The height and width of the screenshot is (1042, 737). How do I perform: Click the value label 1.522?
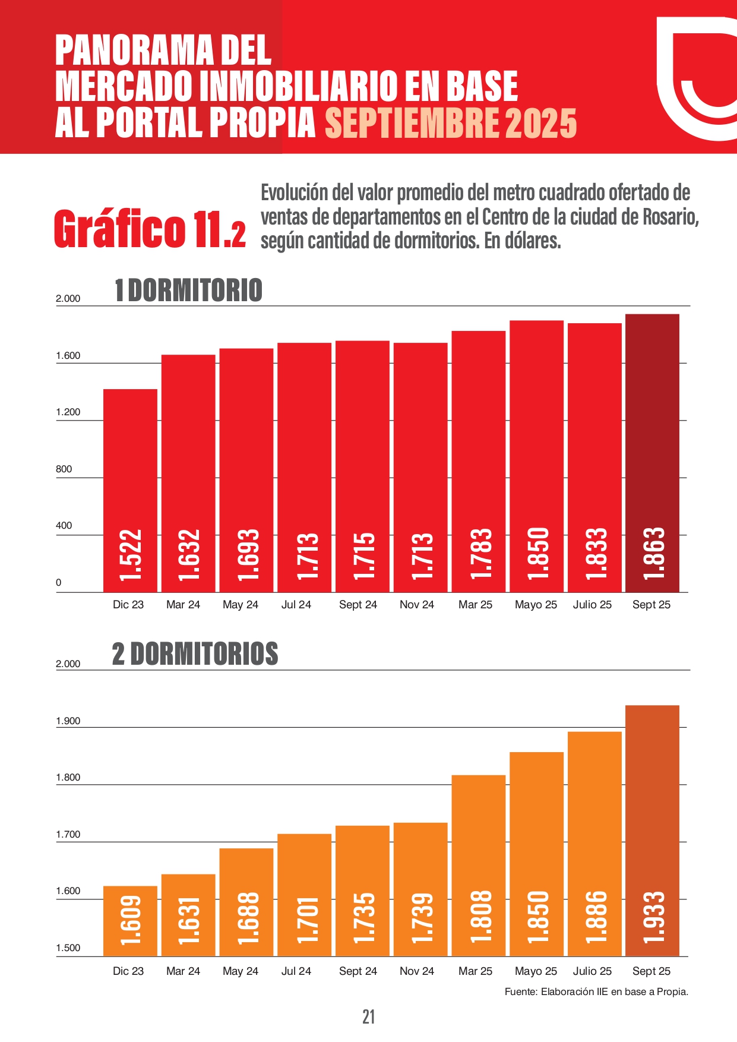(x=130, y=554)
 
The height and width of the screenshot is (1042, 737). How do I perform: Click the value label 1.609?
(x=130, y=920)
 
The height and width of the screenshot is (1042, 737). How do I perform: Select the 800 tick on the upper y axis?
(x=64, y=469)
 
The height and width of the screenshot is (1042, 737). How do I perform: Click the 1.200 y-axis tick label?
(x=68, y=412)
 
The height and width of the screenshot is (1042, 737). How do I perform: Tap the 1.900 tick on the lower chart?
(x=68, y=721)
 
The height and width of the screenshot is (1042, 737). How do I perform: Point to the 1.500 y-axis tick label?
(x=68, y=948)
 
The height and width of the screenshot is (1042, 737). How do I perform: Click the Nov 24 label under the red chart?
(x=417, y=605)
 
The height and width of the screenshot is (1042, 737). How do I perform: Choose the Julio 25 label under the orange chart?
(x=592, y=971)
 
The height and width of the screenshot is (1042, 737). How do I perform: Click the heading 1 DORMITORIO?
(x=188, y=291)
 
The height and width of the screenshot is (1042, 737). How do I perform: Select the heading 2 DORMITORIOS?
(x=195, y=653)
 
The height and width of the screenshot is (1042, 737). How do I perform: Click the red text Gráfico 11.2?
(x=150, y=229)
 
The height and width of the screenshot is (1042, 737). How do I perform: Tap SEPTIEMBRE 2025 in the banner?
(x=451, y=123)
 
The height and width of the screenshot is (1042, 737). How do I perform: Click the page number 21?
(x=368, y=1016)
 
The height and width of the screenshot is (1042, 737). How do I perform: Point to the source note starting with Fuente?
(x=596, y=992)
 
